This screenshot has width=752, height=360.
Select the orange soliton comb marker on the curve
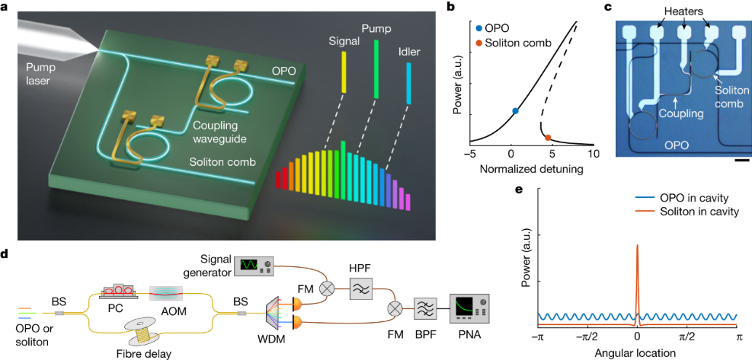click(548, 137)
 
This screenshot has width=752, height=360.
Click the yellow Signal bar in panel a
click(344, 72)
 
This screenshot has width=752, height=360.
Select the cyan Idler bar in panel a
click(409, 83)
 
